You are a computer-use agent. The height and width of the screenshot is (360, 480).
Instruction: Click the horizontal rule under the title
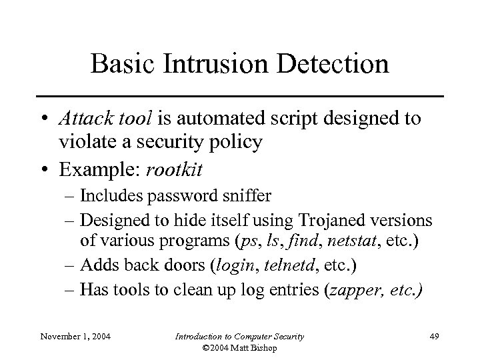pos(240,96)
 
